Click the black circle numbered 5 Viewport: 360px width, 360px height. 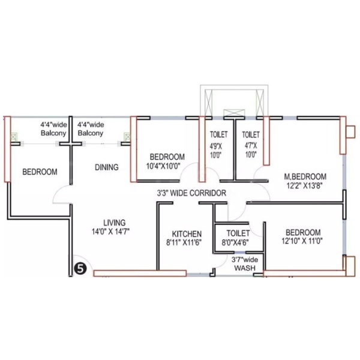pos(80,268)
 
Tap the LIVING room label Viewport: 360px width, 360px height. pos(115,223)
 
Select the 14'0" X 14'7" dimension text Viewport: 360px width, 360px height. pos(110,232)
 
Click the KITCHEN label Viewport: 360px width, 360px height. pos(187,234)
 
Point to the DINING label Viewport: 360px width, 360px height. pos(107,167)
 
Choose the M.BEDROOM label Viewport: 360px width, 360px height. pos(305,176)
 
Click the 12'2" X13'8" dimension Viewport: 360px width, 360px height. pos(305,185)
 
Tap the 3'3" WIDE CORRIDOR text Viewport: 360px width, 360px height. pos(191,193)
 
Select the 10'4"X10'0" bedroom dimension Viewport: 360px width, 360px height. pos(163,166)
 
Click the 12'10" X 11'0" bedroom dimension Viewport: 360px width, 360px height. pos(302,241)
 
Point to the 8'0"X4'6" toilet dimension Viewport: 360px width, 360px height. pos(235,242)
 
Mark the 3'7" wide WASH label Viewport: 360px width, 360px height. pos(245,264)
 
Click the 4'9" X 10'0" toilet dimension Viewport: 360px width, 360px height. pos(216,151)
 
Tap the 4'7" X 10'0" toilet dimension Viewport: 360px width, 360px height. pos(250,150)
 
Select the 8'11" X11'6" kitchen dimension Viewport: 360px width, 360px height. pos(184,242)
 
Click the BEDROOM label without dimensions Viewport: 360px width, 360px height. pos(40,172)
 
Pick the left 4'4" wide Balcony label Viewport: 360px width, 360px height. pos(54,129)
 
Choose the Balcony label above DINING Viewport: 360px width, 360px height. pos(91,133)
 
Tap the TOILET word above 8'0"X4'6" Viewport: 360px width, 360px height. pos(238,233)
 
